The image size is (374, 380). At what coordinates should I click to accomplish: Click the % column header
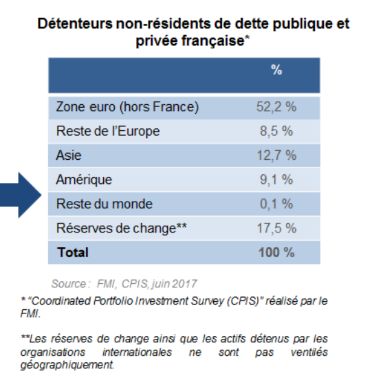tap(276, 70)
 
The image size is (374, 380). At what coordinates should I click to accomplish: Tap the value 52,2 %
tap(276, 107)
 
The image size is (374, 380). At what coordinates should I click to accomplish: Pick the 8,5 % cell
tap(276, 131)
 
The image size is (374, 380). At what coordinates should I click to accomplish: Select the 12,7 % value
tap(276, 156)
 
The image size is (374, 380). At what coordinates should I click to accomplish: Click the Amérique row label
tap(83, 180)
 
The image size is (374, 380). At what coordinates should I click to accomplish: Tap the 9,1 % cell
tap(276, 180)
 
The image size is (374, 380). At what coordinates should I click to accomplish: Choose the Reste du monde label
tap(104, 204)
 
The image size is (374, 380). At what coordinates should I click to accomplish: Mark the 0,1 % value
tap(276, 204)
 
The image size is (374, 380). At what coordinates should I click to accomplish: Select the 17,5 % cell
tap(276, 228)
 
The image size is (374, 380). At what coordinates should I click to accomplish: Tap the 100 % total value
tap(276, 252)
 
